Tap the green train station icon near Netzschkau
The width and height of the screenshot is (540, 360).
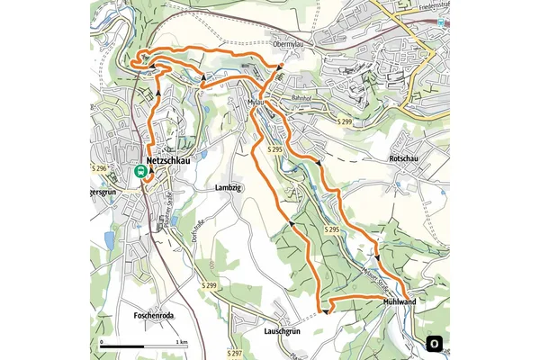140,170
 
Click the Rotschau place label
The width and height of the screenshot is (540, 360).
404,158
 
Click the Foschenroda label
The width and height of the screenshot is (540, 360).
127,316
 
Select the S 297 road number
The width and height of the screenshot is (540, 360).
237,352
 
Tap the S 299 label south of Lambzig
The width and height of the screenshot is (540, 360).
210,286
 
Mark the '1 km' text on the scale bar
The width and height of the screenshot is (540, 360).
182,343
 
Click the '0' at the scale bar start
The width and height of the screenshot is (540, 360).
102,343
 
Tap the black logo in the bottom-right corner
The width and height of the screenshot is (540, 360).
435,343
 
